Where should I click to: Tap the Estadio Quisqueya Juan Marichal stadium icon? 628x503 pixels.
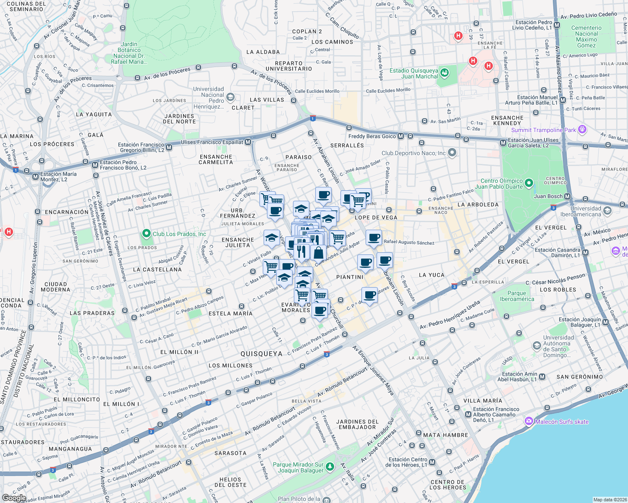[x=445, y=73]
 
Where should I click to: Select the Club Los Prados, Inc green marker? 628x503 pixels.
[x=146, y=233]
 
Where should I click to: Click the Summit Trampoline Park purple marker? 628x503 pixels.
[x=582, y=130]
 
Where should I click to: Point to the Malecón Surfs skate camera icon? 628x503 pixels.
[x=529, y=421]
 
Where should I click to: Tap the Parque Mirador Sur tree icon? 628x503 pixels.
[x=330, y=467]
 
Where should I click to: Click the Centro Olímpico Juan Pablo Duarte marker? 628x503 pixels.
[x=529, y=183]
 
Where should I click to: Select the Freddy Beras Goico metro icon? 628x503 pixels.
[x=400, y=136]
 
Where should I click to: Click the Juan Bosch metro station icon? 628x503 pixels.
[x=568, y=196]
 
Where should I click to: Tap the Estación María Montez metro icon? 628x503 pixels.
[x=35, y=176]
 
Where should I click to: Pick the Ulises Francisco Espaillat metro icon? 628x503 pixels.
[x=248, y=142]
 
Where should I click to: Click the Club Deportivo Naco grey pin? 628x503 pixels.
[x=452, y=153]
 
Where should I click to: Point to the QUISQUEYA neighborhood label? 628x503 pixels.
[x=261, y=354]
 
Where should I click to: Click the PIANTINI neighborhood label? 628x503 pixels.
[x=350, y=277]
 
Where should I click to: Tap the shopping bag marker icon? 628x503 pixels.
[x=318, y=253]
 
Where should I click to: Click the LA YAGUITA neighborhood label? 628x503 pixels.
[x=94, y=114]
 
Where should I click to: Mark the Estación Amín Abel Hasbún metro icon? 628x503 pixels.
[x=542, y=376]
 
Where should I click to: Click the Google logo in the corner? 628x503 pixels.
[x=14, y=498]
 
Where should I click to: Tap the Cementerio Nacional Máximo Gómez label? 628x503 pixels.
[x=586, y=36]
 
